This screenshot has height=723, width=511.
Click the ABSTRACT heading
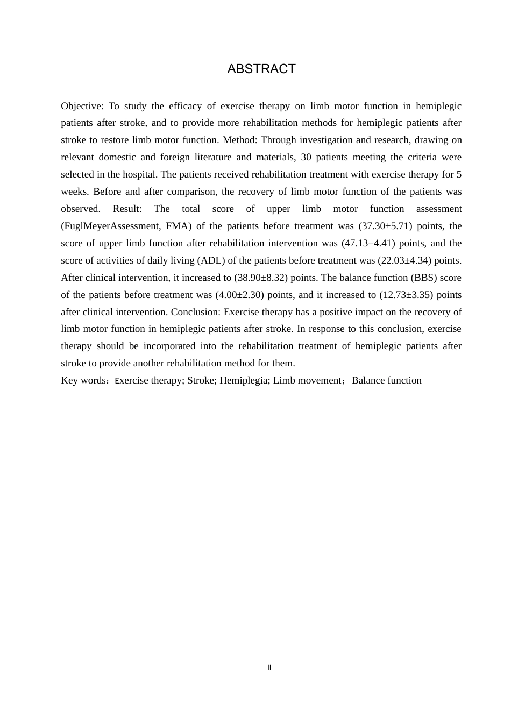coord(261,69)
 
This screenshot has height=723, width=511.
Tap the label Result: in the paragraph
coord(127,209)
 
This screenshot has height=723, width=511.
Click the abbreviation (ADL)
coord(211,260)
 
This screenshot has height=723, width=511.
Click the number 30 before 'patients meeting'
coord(306,158)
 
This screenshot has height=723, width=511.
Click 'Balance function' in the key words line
coord(387,381)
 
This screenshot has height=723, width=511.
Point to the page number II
coord(269,668)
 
